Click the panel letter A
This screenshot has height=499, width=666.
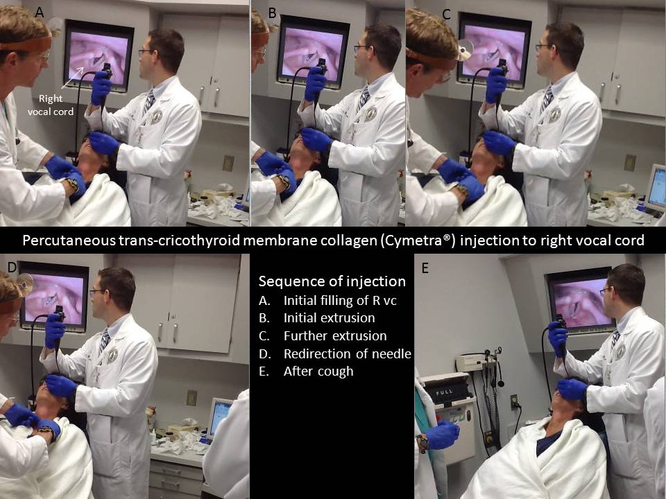coord(40,12)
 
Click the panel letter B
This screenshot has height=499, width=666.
coord(272,13)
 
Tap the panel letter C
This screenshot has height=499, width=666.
coord(446,15)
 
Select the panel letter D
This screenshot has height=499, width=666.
coord(12,267)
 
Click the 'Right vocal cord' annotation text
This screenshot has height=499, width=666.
coord(51,105)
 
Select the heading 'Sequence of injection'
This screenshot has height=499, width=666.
coord(332,281)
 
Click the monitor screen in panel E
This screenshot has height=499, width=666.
coord(580,301)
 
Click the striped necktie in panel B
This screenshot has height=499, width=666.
coord(363,98)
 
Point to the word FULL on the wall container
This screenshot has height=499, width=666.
coord(444,391)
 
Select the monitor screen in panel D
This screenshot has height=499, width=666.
coord(54,297)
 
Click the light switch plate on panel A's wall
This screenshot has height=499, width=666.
coord(228,163)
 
